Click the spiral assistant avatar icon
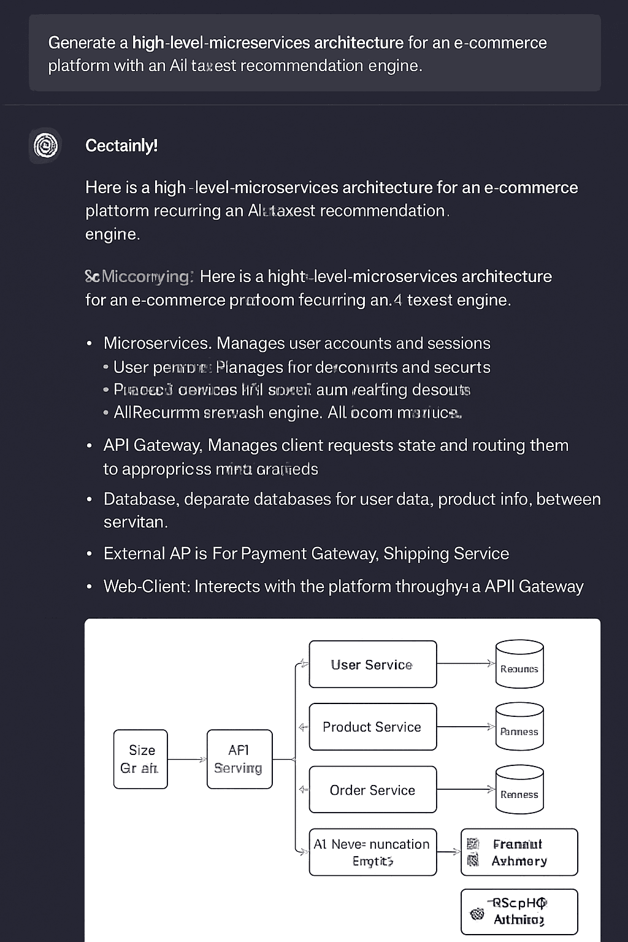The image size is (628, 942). [x=45, y=146]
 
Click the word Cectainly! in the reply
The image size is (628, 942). [x=121, y=146]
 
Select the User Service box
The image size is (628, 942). [x=373, y=664]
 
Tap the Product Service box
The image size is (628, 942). [x=373, y=727]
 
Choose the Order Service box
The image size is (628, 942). [x=373, y=790]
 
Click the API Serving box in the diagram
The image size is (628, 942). [x=239, y=759]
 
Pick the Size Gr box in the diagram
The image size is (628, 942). [x=140, y=759]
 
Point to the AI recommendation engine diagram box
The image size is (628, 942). [x=373, y=852]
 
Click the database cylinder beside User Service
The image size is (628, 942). [x=519, y=664]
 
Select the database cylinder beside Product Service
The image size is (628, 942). [x=519, y=727]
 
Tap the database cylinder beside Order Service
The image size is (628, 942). [x=519, y=790]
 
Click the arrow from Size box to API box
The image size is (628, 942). [x=187, y=759]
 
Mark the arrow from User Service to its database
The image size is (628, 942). [x=465, y=664]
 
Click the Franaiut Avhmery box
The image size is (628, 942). [x=519, y=852]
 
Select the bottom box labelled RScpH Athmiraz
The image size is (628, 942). [x=519, y=911]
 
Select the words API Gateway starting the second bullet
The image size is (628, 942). [x=152, y=445]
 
